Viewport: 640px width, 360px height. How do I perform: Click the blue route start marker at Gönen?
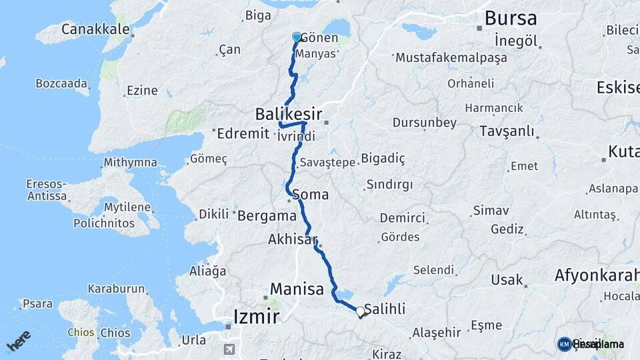pyautogui.click(x=297, y=37)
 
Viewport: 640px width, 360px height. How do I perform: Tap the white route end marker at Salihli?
pyautogui.click(x=361, y=311)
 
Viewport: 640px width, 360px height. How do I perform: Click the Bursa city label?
pyautogui.click(x=511, y=18)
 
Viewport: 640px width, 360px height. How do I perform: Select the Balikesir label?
pyautogui.click(x=288, y=114)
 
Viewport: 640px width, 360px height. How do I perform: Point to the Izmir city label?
pyautogui.click(x=256, y=317)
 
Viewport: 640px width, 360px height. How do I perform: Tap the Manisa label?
pyautogui.click(x=297, y=289)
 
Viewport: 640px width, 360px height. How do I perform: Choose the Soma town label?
pyautogui.click(x=310, y=195)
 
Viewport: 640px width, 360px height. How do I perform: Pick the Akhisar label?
pyautogui.click(x=293, y=239)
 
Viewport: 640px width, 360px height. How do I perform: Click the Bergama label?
pyautogui.click(x=267, y=215)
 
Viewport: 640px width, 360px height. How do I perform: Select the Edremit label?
pyautogui.click(x=243, y=133)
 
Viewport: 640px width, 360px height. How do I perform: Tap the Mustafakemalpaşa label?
pyautogui.click(x=451, y=58)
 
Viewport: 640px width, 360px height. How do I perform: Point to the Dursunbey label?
pyautogui.click(x=425, y=123)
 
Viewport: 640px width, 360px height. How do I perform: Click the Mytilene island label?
pyautogui.click(x=127, y=207)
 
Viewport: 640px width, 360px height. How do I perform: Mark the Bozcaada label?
pyautogui.click(x=62, y=84)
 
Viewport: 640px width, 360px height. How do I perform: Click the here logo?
pyautogui.click(x=18, y=341)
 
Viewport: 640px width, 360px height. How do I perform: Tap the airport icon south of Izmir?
pyautogui.click(x=229, y=349)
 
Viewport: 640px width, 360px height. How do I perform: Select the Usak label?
pyautogui.click(x=507, y=279)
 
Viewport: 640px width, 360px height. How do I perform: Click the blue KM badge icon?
pyautogui.click(x=564, y=344)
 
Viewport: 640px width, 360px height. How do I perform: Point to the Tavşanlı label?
pyautogui.click(x=507, y=131)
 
